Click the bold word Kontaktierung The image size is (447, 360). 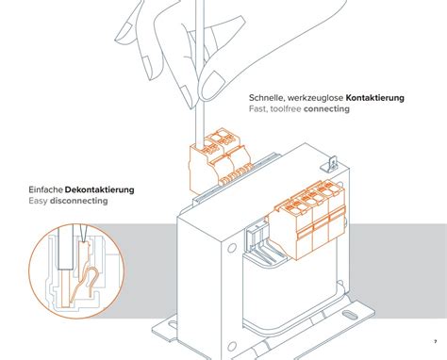(374, 98)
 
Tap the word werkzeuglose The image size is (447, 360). (315, 98)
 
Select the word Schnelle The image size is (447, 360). (267, 98)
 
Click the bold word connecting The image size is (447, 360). (326, 109)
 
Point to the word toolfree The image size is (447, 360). (286, 109)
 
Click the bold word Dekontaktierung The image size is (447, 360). (99, 189)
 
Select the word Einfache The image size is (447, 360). (45, 189)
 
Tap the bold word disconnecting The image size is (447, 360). (78, 201)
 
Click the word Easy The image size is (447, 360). (38, 201)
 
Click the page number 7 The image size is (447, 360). (436, 342)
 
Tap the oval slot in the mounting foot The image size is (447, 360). (348, 315)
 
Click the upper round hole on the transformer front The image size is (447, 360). (232, 248)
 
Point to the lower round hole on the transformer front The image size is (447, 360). (232, 347)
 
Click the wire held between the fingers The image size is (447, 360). (199, 73)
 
